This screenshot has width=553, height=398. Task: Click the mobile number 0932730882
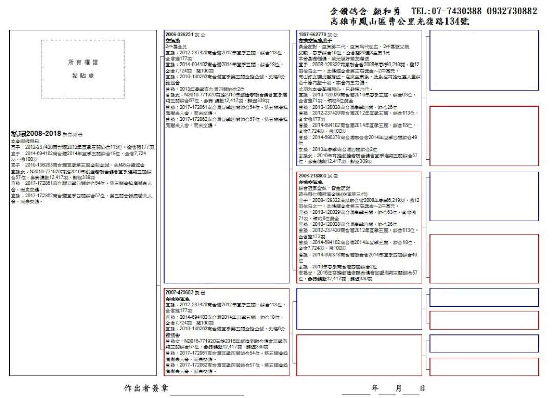[x=512, y=11]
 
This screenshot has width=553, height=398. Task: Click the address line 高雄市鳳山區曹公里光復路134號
[x=400, y=22]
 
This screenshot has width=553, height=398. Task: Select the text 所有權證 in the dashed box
[x=83, y=62]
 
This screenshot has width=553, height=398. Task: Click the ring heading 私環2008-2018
[x=36, y=134]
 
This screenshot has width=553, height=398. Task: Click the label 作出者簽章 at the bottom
[x=146, y=388]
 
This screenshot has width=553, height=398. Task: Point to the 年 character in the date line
[x=375, y=388]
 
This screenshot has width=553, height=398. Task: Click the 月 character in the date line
[x=399, y=388]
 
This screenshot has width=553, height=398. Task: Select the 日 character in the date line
[x=422, y=388]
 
